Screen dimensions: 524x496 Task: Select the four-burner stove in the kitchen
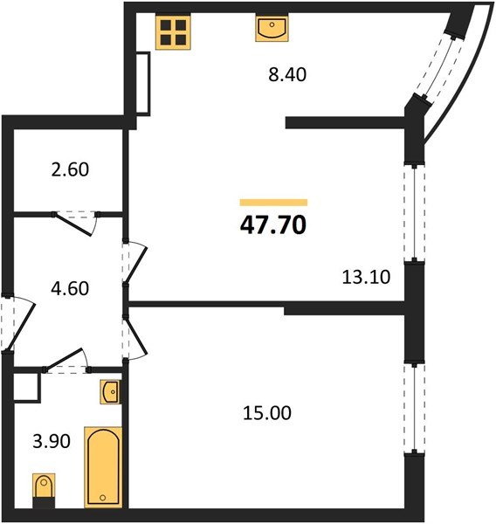[x=173, y=32]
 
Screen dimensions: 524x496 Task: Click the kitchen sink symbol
[x=272, y=29]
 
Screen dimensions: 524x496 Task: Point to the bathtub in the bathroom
[x=103, y=466]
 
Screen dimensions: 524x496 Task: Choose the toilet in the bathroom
[x=43, y=488]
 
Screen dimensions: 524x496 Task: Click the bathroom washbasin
[x=112, y=393]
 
